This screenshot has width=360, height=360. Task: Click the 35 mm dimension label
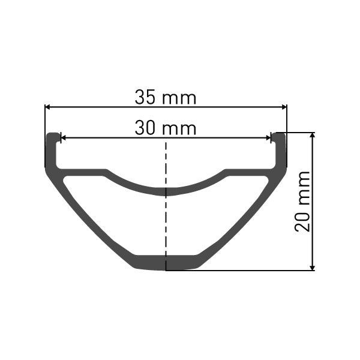pyautogui.click(x=166, y=97)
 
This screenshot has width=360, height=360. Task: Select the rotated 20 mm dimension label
pyautogui.click(x=303, y=201)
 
